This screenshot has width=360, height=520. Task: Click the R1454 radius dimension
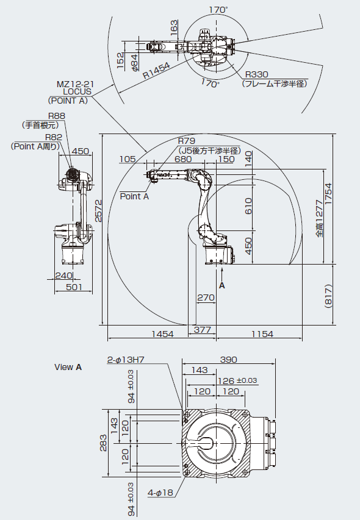tap(156, 70)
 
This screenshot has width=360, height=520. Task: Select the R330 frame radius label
tap(256, 74)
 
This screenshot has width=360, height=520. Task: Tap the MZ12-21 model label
tap(73, 84)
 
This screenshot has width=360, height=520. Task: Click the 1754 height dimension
tap(328, 194)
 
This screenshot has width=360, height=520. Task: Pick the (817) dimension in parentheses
tap(328, 296)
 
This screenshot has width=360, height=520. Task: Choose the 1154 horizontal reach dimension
tap(262, 334)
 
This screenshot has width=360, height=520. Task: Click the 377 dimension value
tap(203, 330)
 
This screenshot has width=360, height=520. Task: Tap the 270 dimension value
tap(206, 297)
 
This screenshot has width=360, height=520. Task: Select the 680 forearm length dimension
tap(183, 159)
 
